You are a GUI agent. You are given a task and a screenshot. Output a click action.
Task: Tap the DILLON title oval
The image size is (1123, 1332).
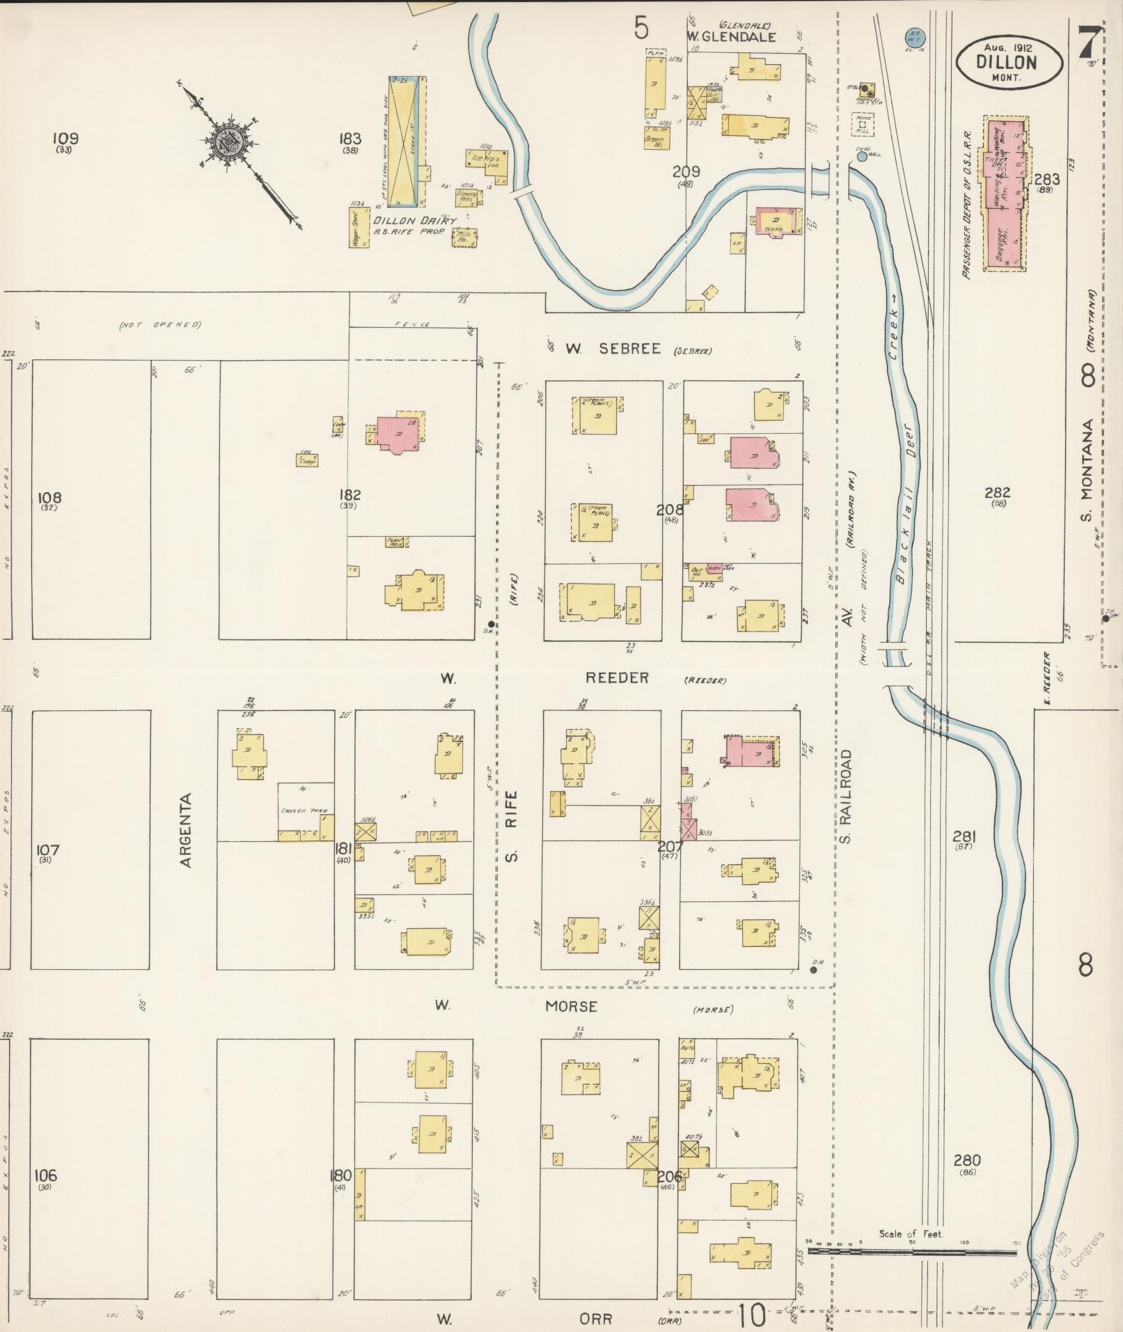click(1009, 61)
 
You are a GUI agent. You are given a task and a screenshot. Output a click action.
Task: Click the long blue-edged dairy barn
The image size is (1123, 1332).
click(404, 142)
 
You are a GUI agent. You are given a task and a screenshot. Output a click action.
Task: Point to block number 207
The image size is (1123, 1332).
click(670, 847)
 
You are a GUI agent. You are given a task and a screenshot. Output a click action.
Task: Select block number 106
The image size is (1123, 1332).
click(45, 1176)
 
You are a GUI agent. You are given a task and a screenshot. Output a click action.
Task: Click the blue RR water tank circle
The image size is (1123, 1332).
click(913, 36)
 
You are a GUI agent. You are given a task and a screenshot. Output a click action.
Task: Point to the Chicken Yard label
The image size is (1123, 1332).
click(299, 810)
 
